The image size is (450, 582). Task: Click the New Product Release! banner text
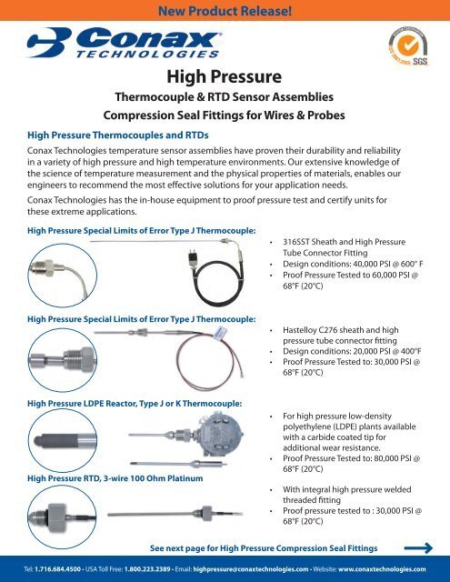tap(225, 12)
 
